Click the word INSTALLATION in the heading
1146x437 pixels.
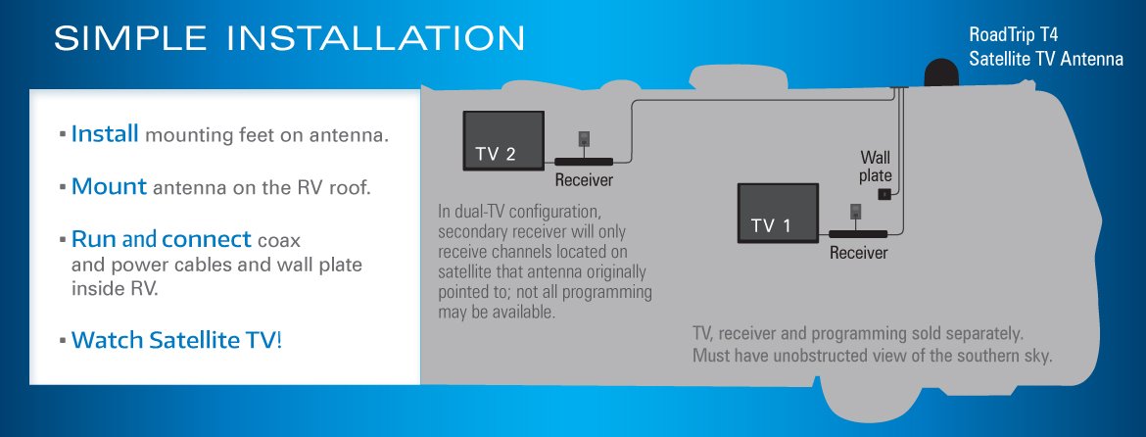tap(376, 38)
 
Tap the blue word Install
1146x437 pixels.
tap(105, 134)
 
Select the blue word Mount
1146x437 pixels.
tap(109, 187)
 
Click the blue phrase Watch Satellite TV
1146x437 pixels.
tap(174, 341)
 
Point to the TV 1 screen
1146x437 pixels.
tap(778, 214)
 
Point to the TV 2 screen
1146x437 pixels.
tap(503, 141)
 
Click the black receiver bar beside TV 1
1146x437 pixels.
tap(858, 234)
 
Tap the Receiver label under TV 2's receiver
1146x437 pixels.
tap(584, 179)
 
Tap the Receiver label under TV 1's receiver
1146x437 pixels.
tap(859, 253)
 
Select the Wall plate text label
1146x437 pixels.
tap(876, 166)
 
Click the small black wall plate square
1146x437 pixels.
tap(883, 194)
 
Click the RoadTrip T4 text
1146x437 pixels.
tap(1013, 34)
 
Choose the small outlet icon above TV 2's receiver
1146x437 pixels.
tap(584, 139)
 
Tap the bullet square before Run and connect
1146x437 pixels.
tap(63, 240)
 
